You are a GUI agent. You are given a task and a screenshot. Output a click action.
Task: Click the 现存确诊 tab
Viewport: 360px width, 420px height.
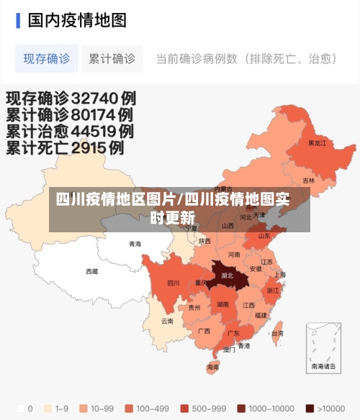coord(47,58)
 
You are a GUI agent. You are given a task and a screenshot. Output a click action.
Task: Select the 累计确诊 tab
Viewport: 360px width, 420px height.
coord(112,58)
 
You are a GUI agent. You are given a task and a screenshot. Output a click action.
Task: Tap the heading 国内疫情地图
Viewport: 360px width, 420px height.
coord(77,19)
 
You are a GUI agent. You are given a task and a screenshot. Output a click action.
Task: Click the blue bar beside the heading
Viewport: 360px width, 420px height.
coord(18,19)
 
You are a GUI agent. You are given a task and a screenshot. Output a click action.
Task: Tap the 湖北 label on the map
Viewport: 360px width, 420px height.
coord(228,275)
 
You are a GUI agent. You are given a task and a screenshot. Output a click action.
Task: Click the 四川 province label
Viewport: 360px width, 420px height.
coord(174,283)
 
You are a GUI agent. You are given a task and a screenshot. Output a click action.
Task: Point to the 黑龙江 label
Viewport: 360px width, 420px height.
coord(317,143)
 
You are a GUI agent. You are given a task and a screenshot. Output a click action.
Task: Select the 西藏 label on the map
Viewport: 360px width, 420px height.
coord(92,272)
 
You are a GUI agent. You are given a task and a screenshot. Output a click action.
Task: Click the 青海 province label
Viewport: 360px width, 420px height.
coord(135,244)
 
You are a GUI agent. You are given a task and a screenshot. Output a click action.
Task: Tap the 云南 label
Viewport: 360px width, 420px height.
coord(167,321)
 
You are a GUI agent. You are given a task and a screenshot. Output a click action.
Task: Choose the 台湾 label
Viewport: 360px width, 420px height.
coord(276,334)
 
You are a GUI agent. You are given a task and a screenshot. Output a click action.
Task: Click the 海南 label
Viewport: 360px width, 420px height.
coord(213,367)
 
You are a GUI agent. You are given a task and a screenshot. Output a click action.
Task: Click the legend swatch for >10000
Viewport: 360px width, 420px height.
coord(310,408)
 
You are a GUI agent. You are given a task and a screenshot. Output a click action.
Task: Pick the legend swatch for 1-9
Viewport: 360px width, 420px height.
coord(49,408)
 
